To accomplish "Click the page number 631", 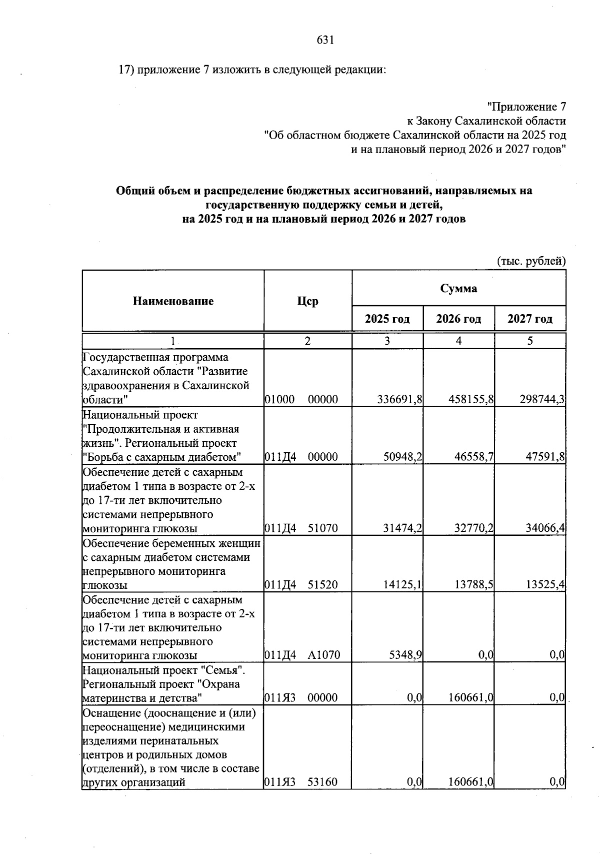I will (x=325, y=41).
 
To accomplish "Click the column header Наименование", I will (x=173, y=301).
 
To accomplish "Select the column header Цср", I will (x=307, y=301).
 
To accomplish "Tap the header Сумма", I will (x=458, y=289).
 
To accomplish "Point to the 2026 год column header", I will (x=458, y=319).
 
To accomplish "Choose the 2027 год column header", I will (x=530, y=319).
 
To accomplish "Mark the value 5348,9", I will (x=405, y=655).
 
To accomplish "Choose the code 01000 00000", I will (x=300, y=399).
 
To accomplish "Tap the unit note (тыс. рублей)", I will (x=531, y=261).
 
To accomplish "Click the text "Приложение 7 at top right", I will (x=526, y=107).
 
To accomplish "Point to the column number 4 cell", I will (x=458, y=341).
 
